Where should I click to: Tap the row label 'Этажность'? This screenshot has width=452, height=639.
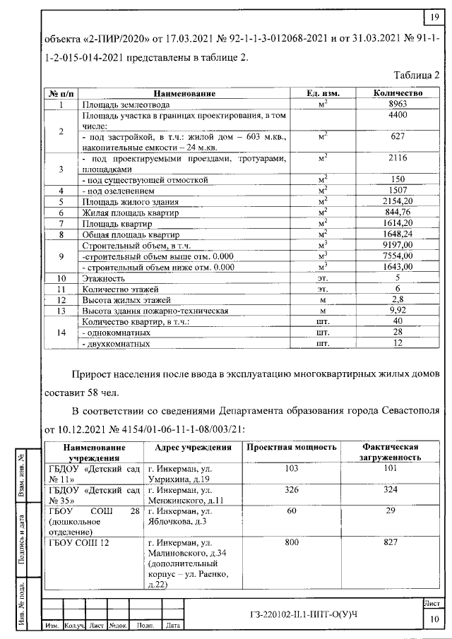[104, 278]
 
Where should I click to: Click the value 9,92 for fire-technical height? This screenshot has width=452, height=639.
[398, 311]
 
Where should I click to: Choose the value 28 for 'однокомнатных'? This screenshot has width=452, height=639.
[398, 333]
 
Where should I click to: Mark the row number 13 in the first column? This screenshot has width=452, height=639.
[61, 311]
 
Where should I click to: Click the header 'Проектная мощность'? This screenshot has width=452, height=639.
[290, 448]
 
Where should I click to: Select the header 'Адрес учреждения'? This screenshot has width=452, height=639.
[188, 448]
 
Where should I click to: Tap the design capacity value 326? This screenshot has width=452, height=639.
[290, 489]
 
